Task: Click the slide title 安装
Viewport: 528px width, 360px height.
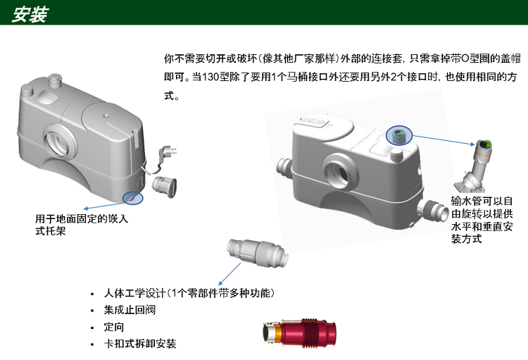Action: click(x=30, y=15)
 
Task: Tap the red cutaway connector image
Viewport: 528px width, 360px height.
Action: click(x=299, y=333)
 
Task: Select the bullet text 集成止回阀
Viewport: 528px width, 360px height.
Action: click(x=130, y=310)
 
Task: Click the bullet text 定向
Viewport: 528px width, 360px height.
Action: click(x=114, y=327)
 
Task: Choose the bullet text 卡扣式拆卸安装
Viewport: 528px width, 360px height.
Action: click(x=140, y=344)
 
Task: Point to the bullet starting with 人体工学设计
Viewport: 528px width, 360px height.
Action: click(x=189, y=293)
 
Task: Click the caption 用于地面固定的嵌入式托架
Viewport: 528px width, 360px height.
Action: click(x=82, y=225)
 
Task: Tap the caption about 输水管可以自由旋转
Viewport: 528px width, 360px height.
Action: click(x=482, y=220)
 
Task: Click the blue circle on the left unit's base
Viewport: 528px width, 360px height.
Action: click(x=132, y=198)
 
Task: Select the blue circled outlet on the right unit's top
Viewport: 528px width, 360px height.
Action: click(x=399, y=135)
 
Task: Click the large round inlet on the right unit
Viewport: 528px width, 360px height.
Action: click(x=341, y=172)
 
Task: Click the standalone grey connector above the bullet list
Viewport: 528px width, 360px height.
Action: click(x=257, y=252)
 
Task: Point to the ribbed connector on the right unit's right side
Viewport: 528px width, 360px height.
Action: click(x=432, y=212)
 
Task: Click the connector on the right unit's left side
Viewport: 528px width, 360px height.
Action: click(x=285, y=167)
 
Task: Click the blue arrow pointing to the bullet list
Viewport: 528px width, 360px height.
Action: click(x=230, y=274)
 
